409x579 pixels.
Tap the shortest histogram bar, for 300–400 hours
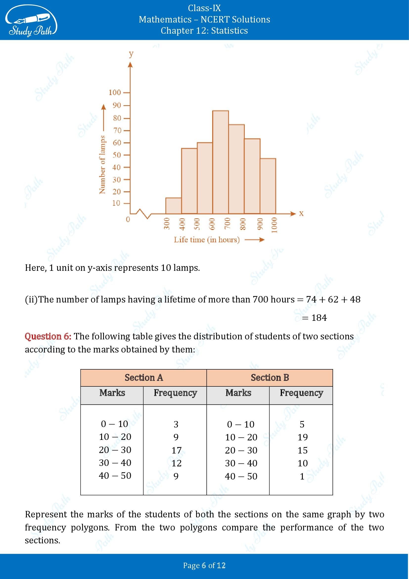pos(173,205)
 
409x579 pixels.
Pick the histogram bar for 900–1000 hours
pos(268,186)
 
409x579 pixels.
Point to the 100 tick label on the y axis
pos(115,93)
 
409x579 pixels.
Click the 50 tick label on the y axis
pos(117,155)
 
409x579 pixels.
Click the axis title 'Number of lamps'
pos(102,165)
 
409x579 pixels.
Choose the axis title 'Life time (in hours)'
pos(206,240)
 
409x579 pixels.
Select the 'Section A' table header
pos(144,378)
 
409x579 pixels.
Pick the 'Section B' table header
pos(270,378)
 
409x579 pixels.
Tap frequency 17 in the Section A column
pos(176,450)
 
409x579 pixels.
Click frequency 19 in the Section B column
pos(302,437)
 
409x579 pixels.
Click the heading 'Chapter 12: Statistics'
pos(204,30)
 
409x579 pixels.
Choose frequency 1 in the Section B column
pos(302,476)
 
